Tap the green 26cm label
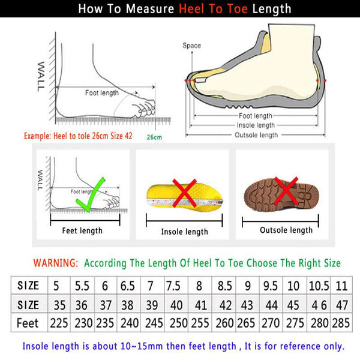tap(154, 137)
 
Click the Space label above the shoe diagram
tap(191, 46)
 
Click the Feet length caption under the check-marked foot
tap(83, 230)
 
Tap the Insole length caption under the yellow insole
tap(184, 232)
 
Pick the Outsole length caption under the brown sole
tap(286, 230)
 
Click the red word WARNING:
tap(55, 263)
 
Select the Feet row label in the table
tap(28, 323)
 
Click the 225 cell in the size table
tap(59, 323)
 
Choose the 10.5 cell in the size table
tap(316, 284)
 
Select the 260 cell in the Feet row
tap(224, 323)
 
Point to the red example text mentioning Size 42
tap(78, 136)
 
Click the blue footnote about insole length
tap(184, 346)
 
